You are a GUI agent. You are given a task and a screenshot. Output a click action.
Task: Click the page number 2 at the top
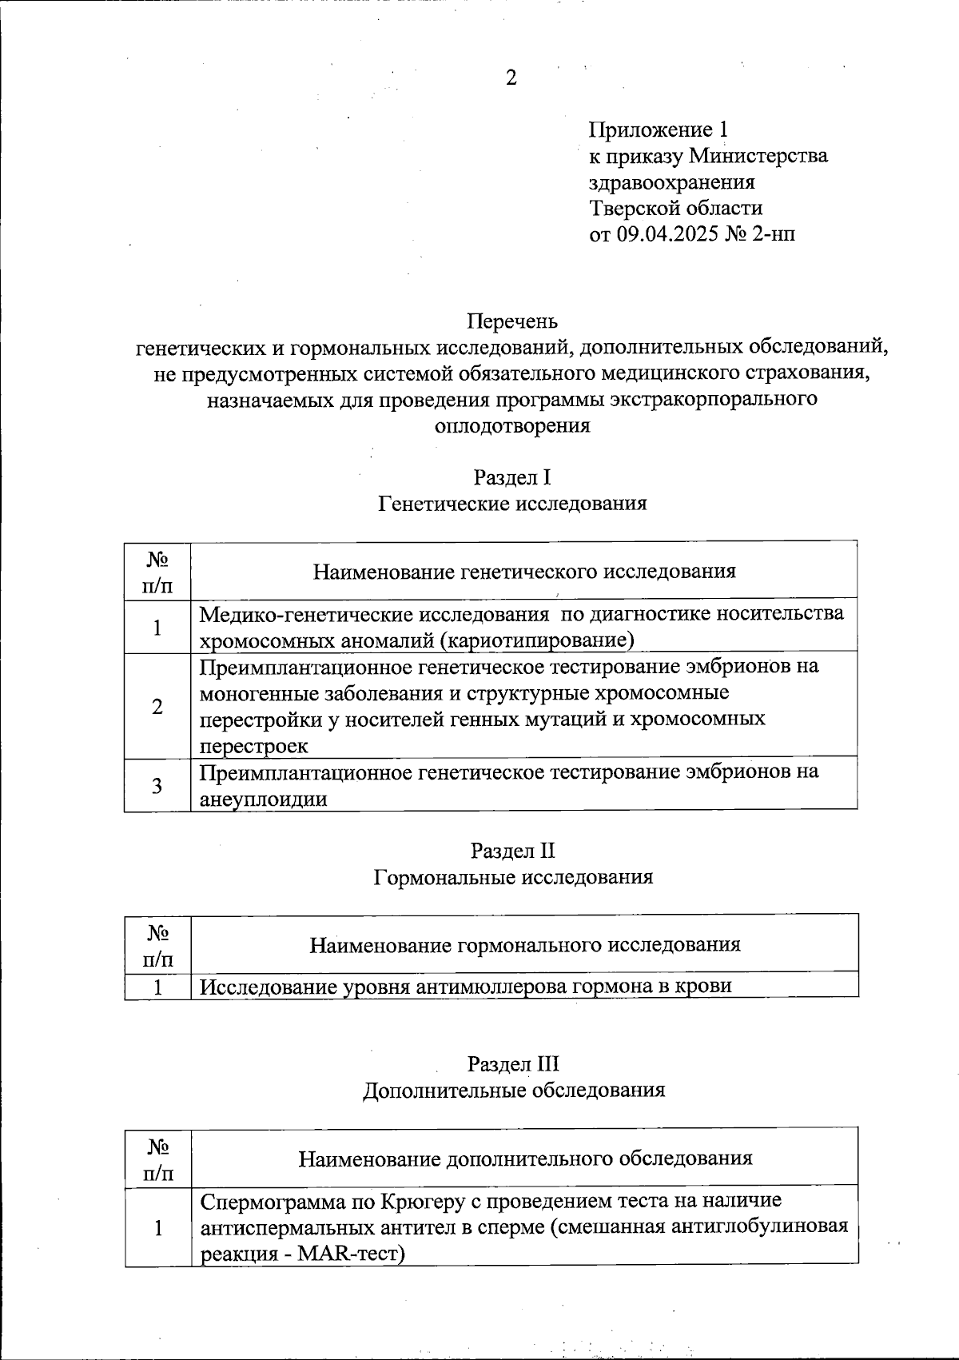(x=511, y=78)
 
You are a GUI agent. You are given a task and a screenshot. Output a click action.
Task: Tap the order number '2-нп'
(x=774, y=234)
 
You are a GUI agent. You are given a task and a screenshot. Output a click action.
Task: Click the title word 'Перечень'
(x=512, y=321)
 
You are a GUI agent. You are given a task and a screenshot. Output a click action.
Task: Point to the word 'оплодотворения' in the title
(x=512, y=425)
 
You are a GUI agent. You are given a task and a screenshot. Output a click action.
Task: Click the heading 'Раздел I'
(x=512, y=478)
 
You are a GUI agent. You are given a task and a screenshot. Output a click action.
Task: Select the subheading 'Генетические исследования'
(x=512, y=504)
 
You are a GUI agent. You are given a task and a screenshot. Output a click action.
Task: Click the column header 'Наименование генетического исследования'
(x=523, y=571)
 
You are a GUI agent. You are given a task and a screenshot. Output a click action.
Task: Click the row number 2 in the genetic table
(x=157, y=706)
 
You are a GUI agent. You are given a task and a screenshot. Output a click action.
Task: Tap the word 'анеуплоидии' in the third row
(x=263, y=799)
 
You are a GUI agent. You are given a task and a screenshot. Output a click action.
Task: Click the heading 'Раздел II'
(x=512, y=851)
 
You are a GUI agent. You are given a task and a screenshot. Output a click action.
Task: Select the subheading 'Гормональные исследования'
(x=512, y=877)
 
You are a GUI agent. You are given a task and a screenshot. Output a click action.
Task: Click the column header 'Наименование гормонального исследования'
(x=524, y=944)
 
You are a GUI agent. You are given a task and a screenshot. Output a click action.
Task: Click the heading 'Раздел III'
(x=512, y=1064)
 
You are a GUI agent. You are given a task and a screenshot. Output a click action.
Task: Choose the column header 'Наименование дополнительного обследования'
(x=525, y=1158)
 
